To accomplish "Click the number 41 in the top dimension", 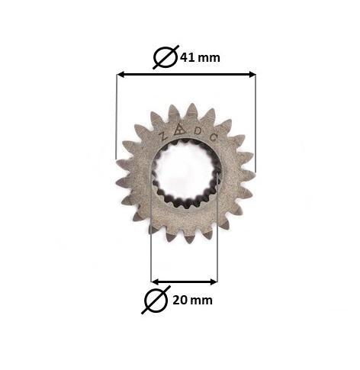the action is (x=188, y=58).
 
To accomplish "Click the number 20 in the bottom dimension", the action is (x=180, y=301).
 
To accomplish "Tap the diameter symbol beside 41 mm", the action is (x=166, y=57).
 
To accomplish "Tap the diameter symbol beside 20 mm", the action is (x=156, y=300).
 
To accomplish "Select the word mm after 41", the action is (x=209, y=59).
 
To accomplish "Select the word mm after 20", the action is (x=201, y=301).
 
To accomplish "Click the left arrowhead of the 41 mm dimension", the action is (x=121, y=75).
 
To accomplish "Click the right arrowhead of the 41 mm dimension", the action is (x=252, y=75).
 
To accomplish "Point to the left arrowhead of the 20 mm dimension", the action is (x=156, y=282).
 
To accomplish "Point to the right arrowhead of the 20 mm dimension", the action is (x=214, y=282).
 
